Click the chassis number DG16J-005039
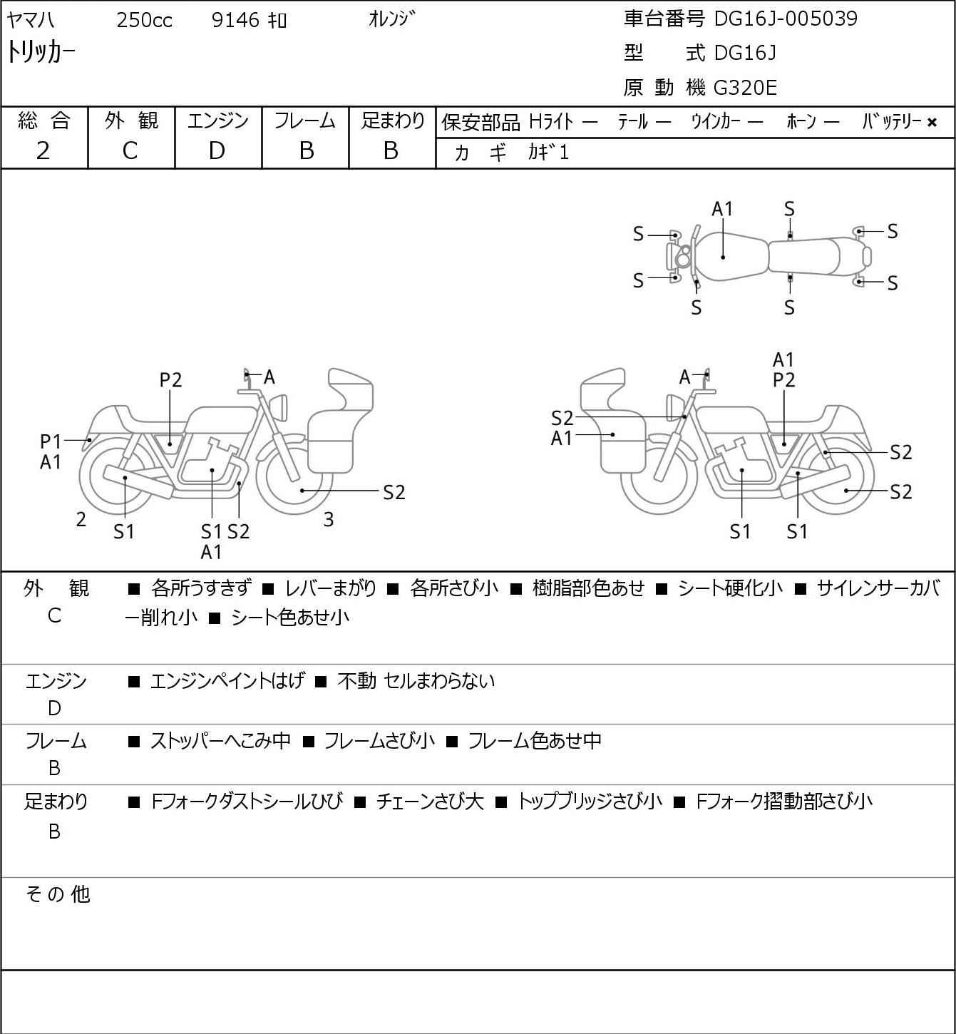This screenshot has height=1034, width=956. click(786, 19)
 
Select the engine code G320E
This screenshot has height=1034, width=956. click(744, 88)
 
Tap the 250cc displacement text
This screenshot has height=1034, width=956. click(144, 20)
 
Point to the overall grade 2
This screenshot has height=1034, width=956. click(43, 151)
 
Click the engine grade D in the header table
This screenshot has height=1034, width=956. click(217, 151)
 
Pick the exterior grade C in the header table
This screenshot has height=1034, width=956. click(130, 151)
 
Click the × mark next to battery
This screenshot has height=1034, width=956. click(932, 123)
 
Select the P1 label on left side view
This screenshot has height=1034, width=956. click(51, 441)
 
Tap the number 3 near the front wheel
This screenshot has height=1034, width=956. click(328, 519)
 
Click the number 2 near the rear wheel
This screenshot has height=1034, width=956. click(81, 519)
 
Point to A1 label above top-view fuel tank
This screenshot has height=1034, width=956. click(722, 210)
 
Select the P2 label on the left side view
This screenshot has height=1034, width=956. click(170, 380)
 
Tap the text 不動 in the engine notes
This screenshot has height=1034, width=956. click(356, 681)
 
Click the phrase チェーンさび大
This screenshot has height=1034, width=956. click(430, 802)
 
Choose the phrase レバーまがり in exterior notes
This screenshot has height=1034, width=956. click(331, 588)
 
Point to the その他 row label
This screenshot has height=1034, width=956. click(58, 894)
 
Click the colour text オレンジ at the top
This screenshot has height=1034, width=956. click(392, 19)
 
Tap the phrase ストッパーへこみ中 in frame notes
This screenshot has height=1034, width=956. click(221, 741)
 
